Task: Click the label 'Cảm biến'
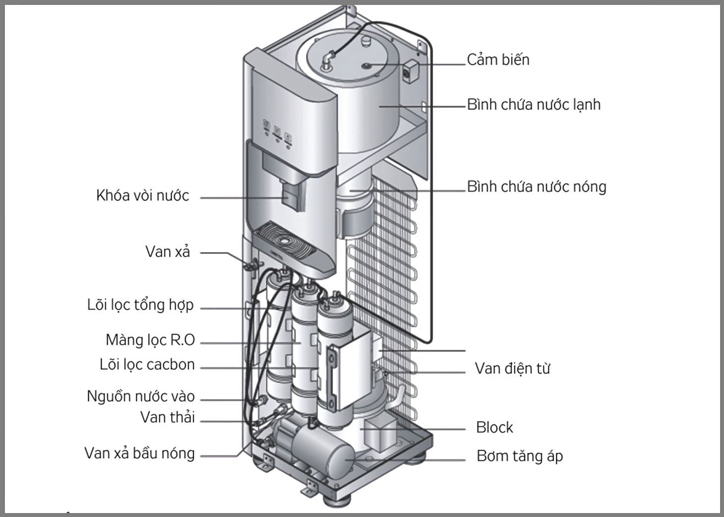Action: pyautogui.click(x=498, y=60)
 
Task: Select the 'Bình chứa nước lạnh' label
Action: pyautogui.click(x=534, y=105)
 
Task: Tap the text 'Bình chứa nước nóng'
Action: pyautogui.click(x=537, y=187)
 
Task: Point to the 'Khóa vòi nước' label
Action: pyautogui.click(x=142, y=195)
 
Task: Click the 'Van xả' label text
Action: pyautogui.click(x=168, y=252)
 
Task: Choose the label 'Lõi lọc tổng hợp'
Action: pyautogui.click(x=140, y=305)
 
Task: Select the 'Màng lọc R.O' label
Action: pyautogui.click(x=150, y=340)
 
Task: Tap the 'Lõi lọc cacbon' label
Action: pyautogui.click(x=147, y=365)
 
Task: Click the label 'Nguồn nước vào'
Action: pyautogui.click(x=141, y=396)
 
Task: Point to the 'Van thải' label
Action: pyautogui.click(x=167, y=417)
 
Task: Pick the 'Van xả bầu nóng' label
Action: pyautogui.click(x=139, y=453)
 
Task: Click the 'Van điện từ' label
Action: pyautogui.click(x=512, y=369)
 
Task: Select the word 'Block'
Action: pyautogui.click(x=494, y=428)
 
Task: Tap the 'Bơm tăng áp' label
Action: pyautogui.click(x=519, y=456)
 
